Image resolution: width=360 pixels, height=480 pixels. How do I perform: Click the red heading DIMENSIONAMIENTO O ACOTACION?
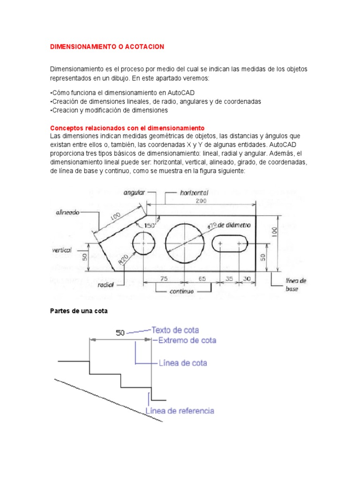pyautogui.click(x=107, y=47)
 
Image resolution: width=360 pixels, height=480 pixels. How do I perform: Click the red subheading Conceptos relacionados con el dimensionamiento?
pyautogui.click(x=127, y=127)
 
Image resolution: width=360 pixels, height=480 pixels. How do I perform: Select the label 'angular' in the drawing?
pyautogui.click(x=134, y=193)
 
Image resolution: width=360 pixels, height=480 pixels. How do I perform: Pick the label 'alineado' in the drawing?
pyautogui.click(x=67, y=212)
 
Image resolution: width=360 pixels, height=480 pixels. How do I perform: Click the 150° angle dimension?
pyautogui.click(x=150, y=225)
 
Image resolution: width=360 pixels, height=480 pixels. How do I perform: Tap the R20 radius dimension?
pyautogui.click(x=124, y=259)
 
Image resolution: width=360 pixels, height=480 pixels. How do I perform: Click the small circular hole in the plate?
pyautogui.click(x=144, y=244)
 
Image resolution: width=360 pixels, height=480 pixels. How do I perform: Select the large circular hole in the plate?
pyautogui.click(x=185, y=243)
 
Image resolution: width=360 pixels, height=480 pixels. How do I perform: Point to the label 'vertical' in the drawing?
pyautogui.click(x=62, y=250)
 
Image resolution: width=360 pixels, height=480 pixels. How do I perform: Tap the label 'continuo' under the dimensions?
pyautogui.click(x=183, y=291)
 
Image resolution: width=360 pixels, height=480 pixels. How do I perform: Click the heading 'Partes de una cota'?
pyautogui.click(x=79, y=311)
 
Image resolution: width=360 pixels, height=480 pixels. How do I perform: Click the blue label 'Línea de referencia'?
pyautogui.click(x=180, y=411)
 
